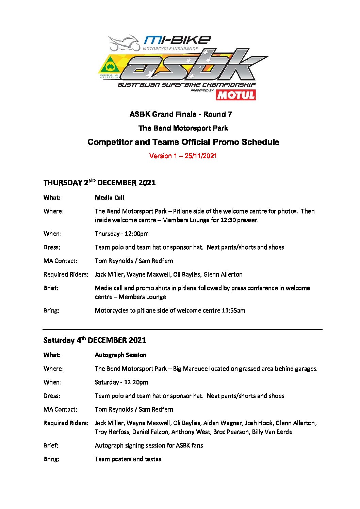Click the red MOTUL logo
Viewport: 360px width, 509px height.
pyautogui.click(x=235, y=95)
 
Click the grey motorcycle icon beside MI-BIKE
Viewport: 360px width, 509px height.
pyautogui.click(x=124, y=43)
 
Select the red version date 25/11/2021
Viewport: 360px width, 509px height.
pyautogui.click(x=200, y=156)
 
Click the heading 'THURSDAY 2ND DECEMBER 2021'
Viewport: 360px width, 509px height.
pyautogui.click(x=99, y=183)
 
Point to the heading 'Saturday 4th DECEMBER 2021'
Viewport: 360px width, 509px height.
pyautogui.click(x=95, y=340)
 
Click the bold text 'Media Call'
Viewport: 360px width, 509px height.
pyautogui.click(x=109, y=198)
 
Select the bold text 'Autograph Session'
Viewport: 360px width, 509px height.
pyautogui.click(x=120, y=355)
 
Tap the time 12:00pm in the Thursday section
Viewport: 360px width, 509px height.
pyautogui.click(x=136, y=234)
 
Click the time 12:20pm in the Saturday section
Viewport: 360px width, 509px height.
pyautogui.click(x=136, y=382)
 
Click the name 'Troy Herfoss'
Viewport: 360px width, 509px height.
pyautogui.click(x=112, y=432)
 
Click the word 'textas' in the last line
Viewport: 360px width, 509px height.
pyautogui.click(x=153, y=459)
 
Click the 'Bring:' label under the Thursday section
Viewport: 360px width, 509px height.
pyautogui.click(x=51, y=310)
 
